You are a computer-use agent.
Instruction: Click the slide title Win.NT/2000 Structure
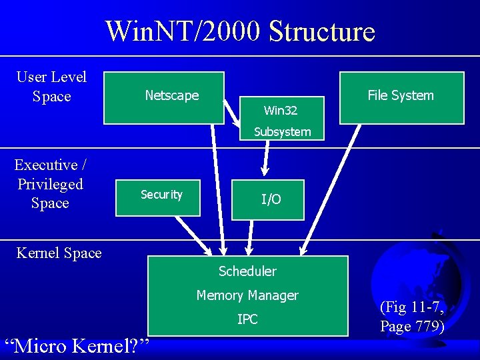240,31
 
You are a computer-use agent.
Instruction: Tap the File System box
401,96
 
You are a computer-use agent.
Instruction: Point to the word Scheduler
247,271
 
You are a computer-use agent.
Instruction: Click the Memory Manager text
247,295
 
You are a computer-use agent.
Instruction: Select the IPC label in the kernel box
247,319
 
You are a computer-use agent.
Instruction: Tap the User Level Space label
51,87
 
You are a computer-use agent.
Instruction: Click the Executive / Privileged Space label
50,183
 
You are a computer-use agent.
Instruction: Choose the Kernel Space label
59,253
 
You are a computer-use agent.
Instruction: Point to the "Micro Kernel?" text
77,346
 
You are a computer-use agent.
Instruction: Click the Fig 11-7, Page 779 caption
411,317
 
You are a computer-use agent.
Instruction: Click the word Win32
281,110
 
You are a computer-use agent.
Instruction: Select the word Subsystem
282,132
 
